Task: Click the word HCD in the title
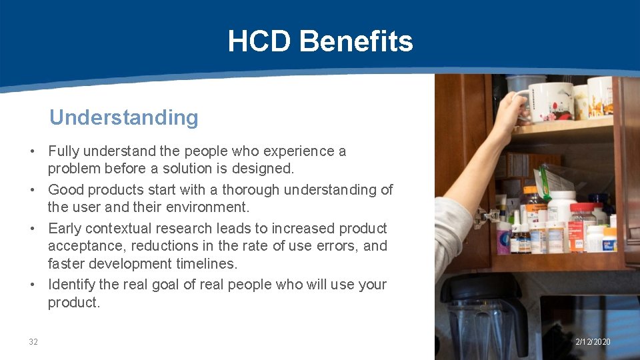click(259, 41)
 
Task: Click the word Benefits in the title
click(356, 41)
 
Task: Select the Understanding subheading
click(124, 117)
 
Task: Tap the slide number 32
click(33, 342)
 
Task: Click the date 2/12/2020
click(593, 342)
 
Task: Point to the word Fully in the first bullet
click(65, 151)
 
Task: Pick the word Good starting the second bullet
click(66, 190)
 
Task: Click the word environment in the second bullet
click(209, 207)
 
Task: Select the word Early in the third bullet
click(65, 228)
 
